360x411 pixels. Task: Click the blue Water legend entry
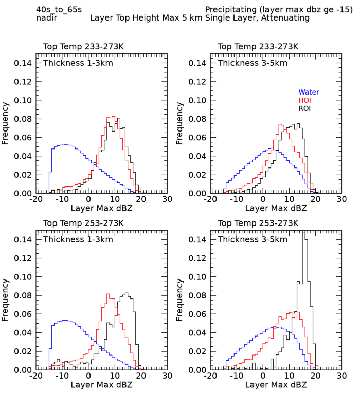(x=309, y=92)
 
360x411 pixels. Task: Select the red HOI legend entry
(x=305, y=100)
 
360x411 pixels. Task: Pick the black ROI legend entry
(x=305, y=108)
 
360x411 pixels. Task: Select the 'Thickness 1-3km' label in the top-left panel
(x=78, y=63)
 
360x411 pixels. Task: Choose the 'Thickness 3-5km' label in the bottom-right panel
(x=253, y=239)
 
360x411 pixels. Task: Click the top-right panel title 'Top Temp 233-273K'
(x=258, y=47)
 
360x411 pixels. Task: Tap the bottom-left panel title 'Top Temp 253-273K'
(x=83, y=223)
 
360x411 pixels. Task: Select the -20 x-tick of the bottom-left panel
(x=35, y=376)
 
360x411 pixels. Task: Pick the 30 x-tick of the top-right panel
(x=341, y=199)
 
